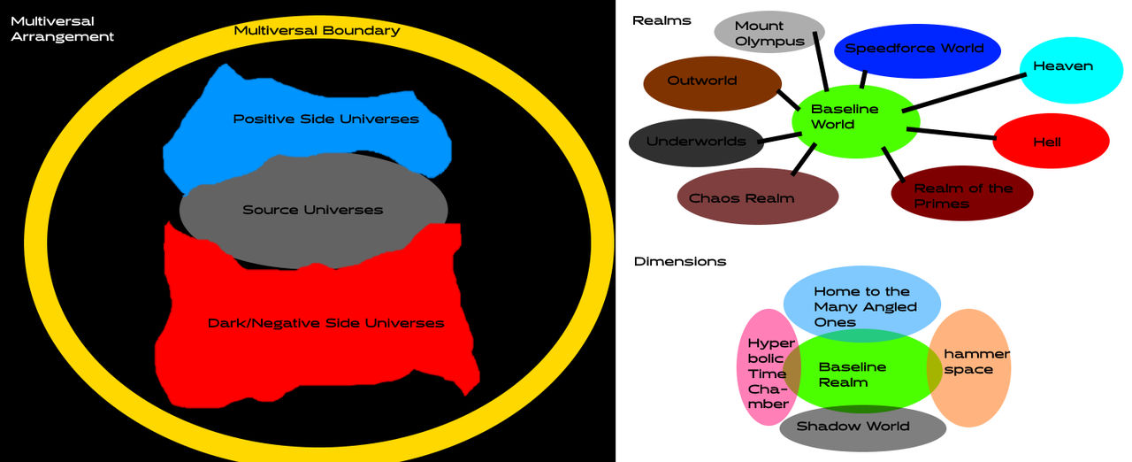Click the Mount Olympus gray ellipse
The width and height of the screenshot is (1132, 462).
769,34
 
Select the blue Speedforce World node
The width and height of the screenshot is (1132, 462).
916,50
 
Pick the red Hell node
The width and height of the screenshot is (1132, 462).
1051,142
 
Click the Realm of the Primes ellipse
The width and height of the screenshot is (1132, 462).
962,194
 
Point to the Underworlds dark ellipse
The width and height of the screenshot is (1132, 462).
695,142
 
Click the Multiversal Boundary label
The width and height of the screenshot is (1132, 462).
317,31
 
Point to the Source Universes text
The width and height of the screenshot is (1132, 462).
313,211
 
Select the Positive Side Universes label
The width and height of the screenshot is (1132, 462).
325,119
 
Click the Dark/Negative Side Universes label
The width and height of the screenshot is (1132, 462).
325,323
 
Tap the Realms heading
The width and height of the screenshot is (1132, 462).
662,20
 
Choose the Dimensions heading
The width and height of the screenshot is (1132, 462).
680,261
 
